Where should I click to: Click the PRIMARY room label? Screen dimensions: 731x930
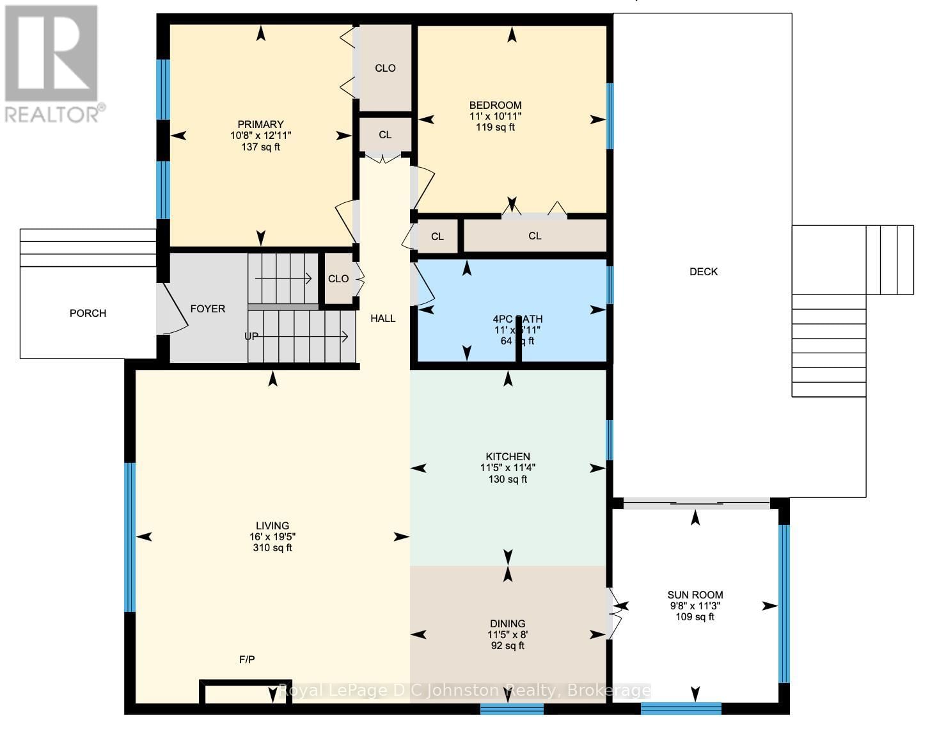(x=260, y=124)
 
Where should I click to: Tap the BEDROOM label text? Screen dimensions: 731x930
(x=495, y=105)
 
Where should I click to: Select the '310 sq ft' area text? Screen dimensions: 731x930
(x=272, y=548)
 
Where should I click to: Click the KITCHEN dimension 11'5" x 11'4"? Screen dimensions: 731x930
(x=508, y=468)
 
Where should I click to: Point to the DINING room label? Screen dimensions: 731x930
(x=508, y=623)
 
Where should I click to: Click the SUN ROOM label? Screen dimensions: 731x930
(x=695, y=595)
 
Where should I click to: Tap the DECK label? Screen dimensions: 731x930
(x=704, y=271)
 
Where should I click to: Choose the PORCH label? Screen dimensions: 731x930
(x=88, y=313)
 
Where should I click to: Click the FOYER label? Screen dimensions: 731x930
(x=208, y=309)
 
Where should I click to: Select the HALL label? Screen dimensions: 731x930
(x=383, y=318)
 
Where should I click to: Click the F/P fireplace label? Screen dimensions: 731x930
(x=247, y=659)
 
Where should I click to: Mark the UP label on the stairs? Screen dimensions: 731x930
(x=251, y=336)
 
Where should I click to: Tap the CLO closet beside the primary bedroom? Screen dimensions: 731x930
(x=385, y=68)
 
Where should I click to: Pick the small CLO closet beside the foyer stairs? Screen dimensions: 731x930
(x=338, y=278)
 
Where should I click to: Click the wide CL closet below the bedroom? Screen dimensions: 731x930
(x=535, y=236)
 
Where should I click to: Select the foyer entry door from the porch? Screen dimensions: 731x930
(x=171, y=309)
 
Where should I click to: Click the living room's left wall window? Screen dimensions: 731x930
(x=130, y=537)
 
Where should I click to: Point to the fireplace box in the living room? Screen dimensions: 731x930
(x=246, y=692)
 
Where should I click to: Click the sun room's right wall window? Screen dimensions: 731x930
(x=784, y=604)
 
